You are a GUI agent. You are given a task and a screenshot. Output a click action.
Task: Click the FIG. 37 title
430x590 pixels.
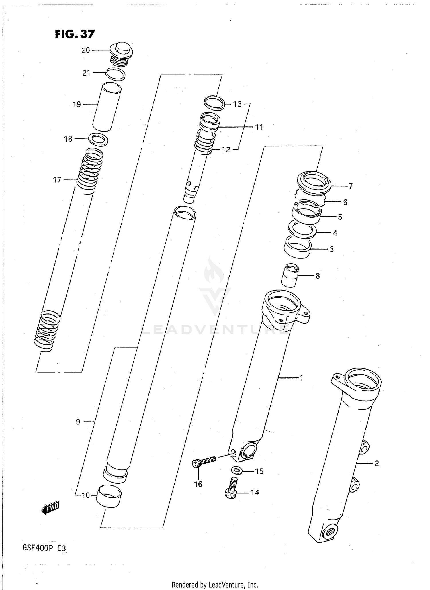[75, 34]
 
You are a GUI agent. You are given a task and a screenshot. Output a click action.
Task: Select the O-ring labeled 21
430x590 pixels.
[115, 75]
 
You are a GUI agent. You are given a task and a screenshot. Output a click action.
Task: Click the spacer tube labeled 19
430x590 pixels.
[107, 106]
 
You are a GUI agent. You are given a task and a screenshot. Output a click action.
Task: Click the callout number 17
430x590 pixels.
[57, 180]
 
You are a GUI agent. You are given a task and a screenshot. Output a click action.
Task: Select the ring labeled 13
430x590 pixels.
[214, 103]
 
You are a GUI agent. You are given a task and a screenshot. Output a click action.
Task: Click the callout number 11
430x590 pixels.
[259, 127]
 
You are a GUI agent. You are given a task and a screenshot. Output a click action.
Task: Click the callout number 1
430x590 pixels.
[301, 378]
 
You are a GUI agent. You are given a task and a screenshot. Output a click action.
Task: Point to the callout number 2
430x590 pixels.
[377, 463]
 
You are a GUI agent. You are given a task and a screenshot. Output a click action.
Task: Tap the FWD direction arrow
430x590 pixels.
[50, 508]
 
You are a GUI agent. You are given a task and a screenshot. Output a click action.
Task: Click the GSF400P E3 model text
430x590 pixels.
[44, 548]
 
